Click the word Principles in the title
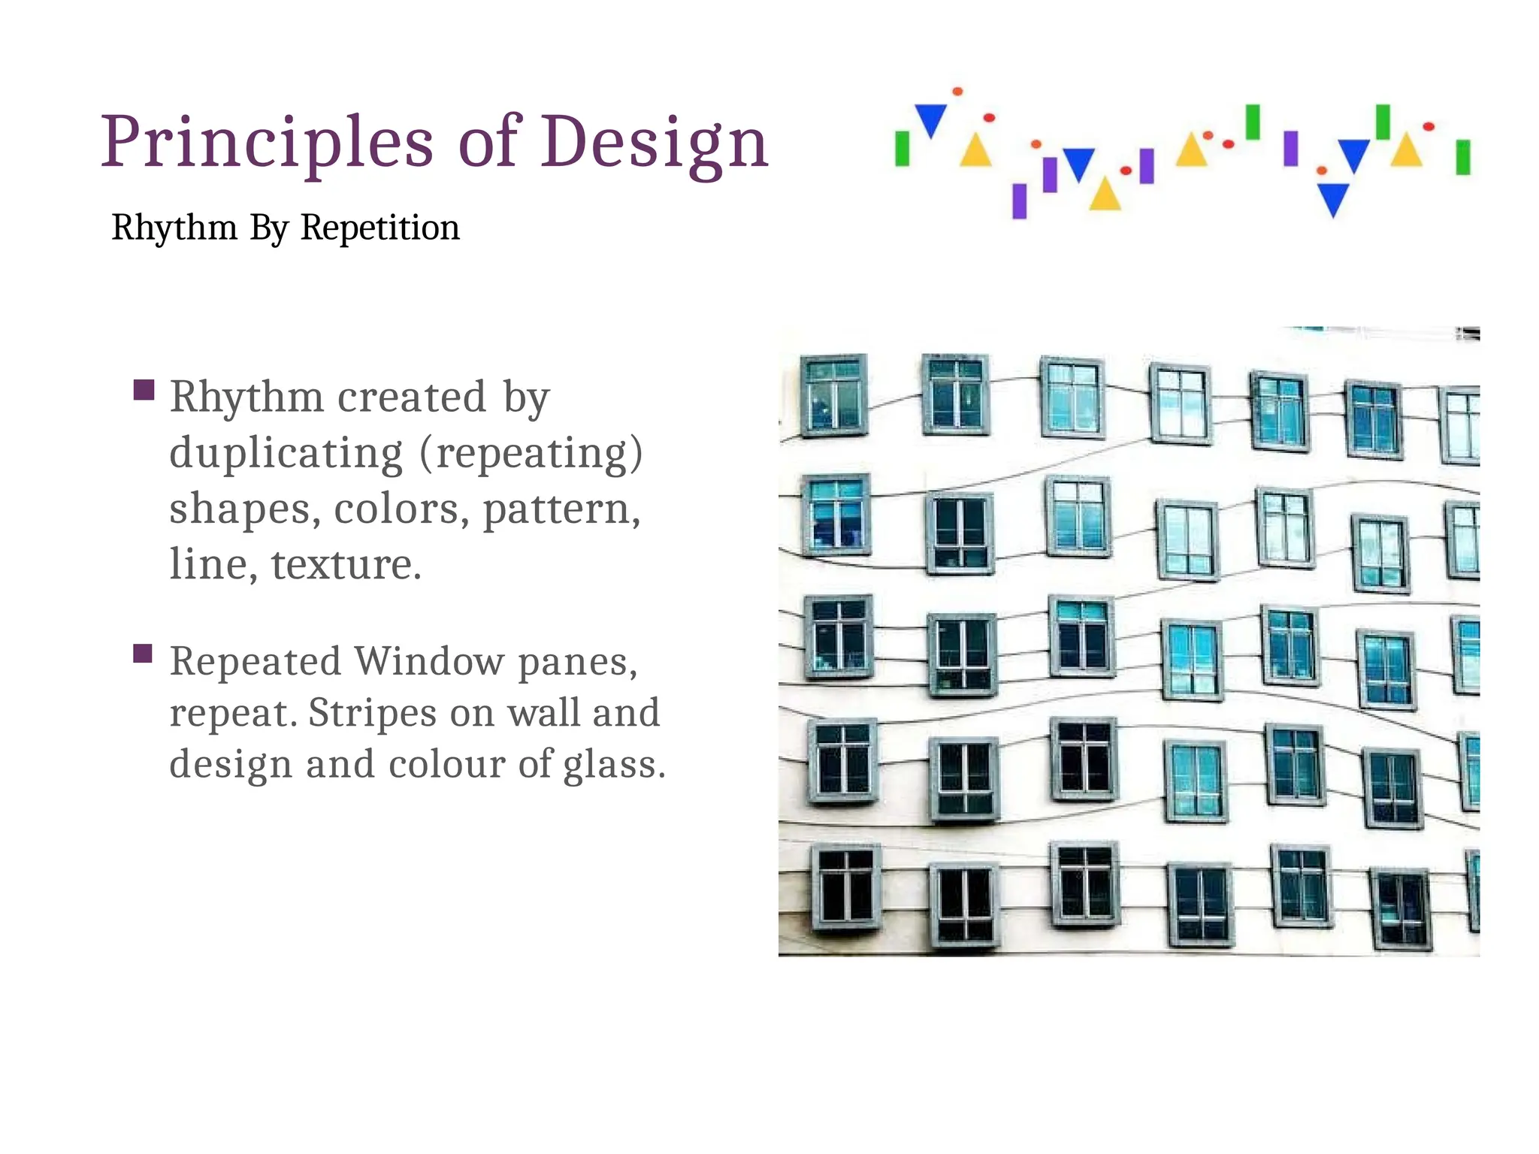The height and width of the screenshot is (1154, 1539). pos(267,143)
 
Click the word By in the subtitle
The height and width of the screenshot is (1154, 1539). pos(269,227)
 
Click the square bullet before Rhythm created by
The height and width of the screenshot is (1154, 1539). pos(144,390)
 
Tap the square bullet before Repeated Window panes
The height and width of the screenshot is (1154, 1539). pos(143,654)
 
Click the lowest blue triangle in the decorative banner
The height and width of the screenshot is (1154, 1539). pos(1333,198)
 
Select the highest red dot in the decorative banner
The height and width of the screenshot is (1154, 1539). pos(957,92)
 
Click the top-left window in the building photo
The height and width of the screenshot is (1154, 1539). pos(833,395)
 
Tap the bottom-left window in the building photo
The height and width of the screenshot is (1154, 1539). pos(846,887)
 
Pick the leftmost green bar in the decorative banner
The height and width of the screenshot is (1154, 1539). pos(902,148)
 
